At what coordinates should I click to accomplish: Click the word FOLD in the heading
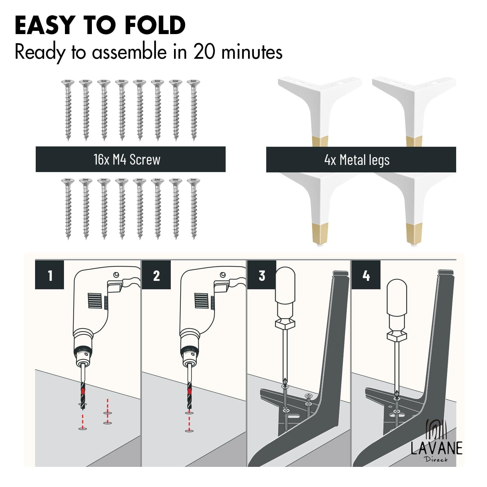tap(155, 25)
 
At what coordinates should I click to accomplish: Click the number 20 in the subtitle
tap(204, 52)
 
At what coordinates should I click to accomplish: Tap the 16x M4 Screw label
tap(127, 159)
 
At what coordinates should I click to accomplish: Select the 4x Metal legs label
tap(357, 160)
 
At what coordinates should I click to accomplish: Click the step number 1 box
tap(50, 275)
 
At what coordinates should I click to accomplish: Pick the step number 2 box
tap(156, 275)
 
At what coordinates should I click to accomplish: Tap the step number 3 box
tap(262, 275)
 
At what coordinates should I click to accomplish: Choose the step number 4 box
tap(366, 275)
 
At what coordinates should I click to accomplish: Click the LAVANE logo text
tap(436, 448)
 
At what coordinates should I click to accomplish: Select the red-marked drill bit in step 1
tap(83, 392)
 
